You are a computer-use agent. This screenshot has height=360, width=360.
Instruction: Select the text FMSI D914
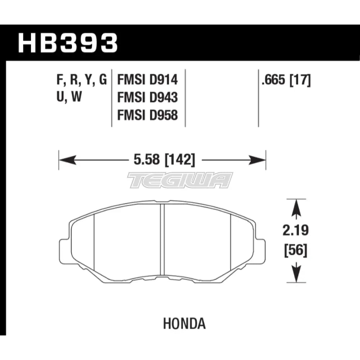[x=148, y=80]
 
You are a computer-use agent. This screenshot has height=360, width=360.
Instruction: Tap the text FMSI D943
[x=148, y=98]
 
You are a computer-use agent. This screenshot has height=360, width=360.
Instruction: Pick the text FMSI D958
[x=148, y=116]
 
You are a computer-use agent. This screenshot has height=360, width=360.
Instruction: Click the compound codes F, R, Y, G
[x=81, y=80]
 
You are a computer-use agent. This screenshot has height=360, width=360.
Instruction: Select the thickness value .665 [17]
[x=286, y=80]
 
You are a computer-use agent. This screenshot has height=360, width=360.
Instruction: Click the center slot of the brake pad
[x=162, y=239]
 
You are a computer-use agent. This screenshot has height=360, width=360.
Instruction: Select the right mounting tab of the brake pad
[x=261, y=248]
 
